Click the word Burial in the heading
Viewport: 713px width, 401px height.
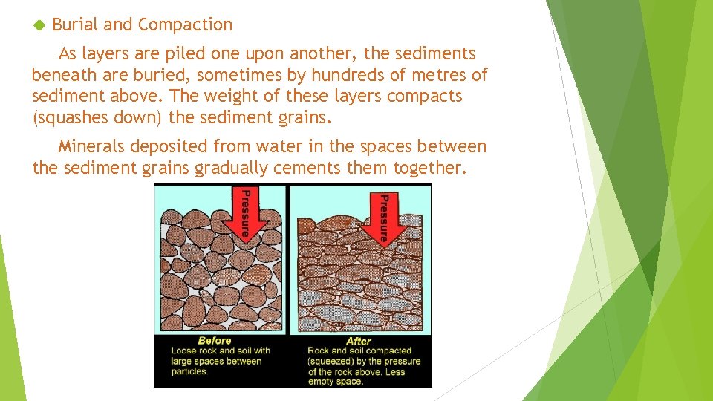tap(76, 25)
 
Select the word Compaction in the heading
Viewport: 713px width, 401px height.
tap(185, 25)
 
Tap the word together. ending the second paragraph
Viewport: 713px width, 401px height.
tap(429, 169)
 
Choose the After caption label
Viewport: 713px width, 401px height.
tap(359, 342)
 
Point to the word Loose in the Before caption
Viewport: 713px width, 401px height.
tap(183, 351)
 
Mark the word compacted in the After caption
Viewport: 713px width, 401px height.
tap(386, 351)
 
